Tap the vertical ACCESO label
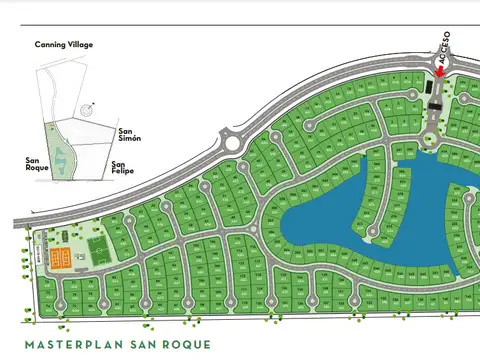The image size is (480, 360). (445, 46)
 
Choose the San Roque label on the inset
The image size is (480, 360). (37, 163)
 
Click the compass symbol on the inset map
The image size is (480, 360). (89, 105)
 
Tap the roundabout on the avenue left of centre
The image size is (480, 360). (233, 141)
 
